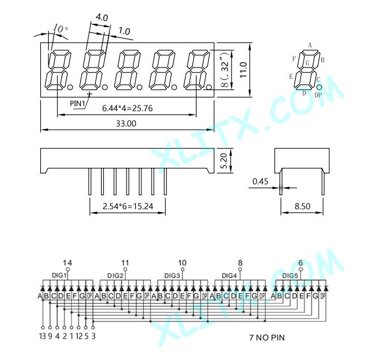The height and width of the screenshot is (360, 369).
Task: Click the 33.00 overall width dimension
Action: pyautogui.click(x=126, y=124)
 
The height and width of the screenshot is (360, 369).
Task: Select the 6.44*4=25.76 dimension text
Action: pyautogui.click(x=127, y=108)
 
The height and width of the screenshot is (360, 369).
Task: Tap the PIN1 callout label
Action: pyautogui.click(x=77, y=103)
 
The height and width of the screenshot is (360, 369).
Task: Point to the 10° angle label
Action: pyautogui.click(x=61, y=29)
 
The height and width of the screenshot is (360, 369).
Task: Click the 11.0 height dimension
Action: pyautogui.click(x=243, y=70)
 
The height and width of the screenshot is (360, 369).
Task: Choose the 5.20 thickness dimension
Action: pyautogui.click(x=224, y=161)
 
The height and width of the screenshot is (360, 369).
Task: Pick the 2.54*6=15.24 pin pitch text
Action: pyautogui.click(x=128, y=206)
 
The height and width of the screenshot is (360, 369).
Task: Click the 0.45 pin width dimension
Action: pyautogui.click(x=260, y=181)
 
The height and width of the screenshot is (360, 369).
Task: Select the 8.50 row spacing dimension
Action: pyautogui.click(x=303, y=206)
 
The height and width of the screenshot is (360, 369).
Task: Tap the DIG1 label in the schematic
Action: pyautogui.click(x=59, y=275)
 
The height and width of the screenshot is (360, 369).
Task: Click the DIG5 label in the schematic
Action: pyautogui.click(x=290, y=276)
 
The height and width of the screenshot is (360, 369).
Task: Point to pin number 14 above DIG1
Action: pyautogui.click(x=68, y=262)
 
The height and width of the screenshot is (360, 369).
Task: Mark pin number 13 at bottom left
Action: pyautogui.click(x=43, y=336)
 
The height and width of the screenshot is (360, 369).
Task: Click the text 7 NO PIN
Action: pyautogui.click(x=267, y=338)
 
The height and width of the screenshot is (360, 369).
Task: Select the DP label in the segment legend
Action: pyautogui.click(x=318, y=95)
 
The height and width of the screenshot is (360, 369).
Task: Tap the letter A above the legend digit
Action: pyautogui.click(x=310, y=45)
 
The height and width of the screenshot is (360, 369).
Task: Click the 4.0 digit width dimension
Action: pyautogui.click(x=102, y=18)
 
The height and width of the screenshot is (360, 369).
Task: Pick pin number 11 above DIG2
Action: pyautogui.click(x=125, y=262)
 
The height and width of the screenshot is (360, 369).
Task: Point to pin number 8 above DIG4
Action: pyautogui.click(x=240, y=262)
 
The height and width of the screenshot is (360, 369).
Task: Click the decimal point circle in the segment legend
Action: pyautogui.click(x=319, y=87)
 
